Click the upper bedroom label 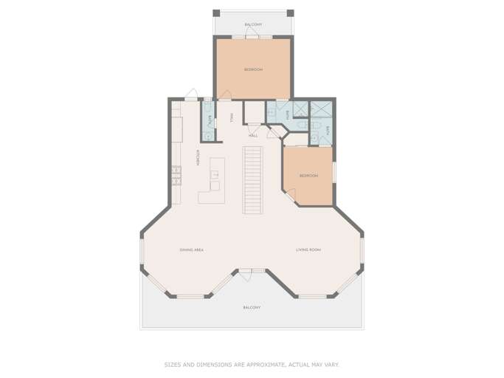pos(253,69)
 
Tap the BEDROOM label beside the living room pos(308,176)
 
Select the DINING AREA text pos(191,250)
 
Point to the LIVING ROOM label pos(308,250)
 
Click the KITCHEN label pos(198,158)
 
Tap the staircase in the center pos(253,179)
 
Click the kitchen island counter pos(213,181)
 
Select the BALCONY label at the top pos(253,24)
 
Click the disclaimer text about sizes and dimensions pos(252,364)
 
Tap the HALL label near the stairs pos(253,136)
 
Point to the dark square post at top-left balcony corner pos(215,13)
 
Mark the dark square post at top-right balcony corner pos(290,13)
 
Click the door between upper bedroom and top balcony pos(252,36)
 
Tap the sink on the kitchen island pos(214,175)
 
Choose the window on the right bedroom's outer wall pos(334,170)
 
